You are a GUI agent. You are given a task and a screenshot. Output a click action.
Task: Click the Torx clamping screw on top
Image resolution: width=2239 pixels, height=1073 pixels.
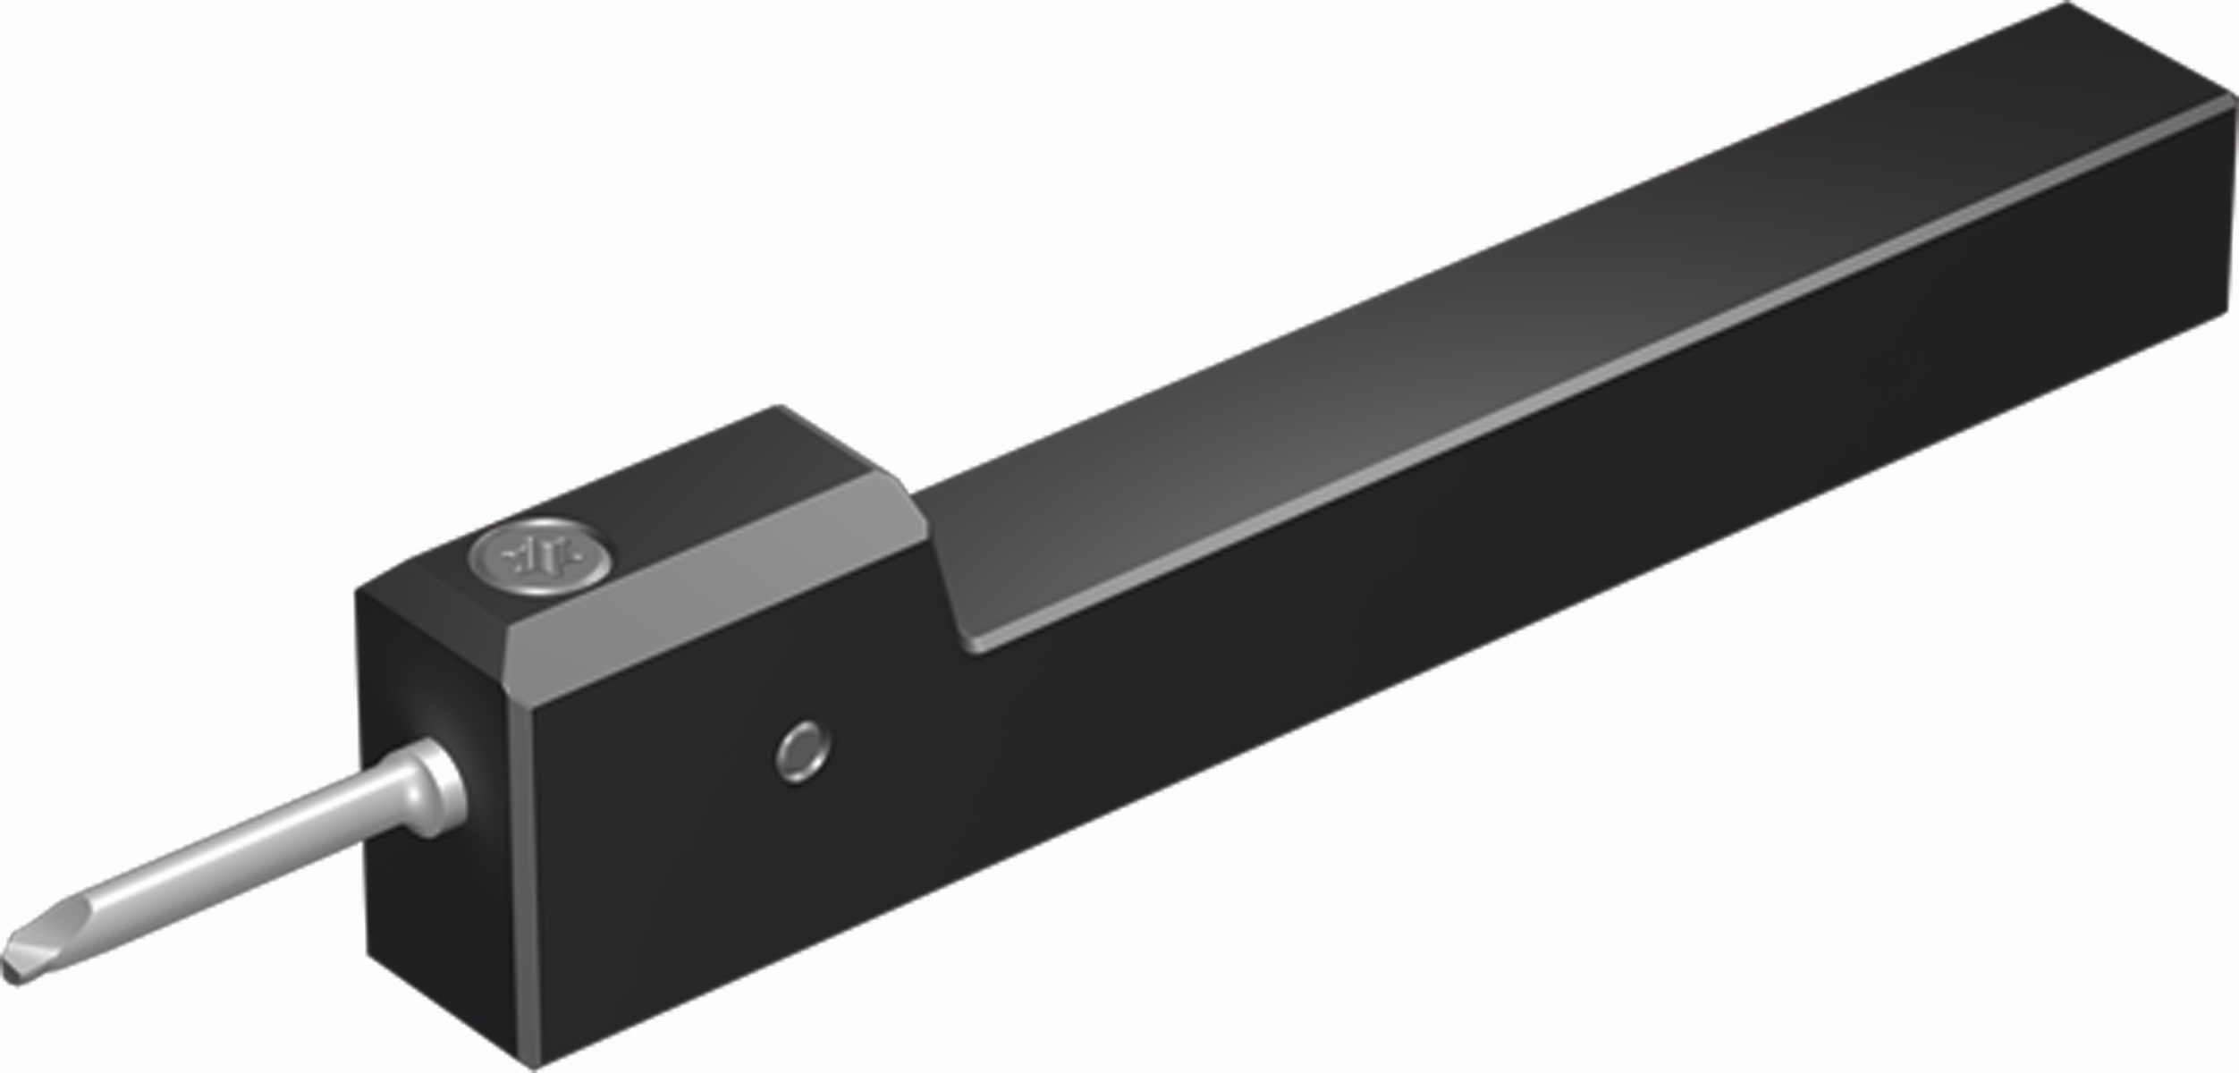[x=543, y=556]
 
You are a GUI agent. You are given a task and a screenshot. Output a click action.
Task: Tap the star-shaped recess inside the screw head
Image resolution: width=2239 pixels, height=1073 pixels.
[x=542, y=558]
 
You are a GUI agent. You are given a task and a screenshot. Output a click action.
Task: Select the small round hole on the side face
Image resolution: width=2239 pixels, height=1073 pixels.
[x=802, y=751]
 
